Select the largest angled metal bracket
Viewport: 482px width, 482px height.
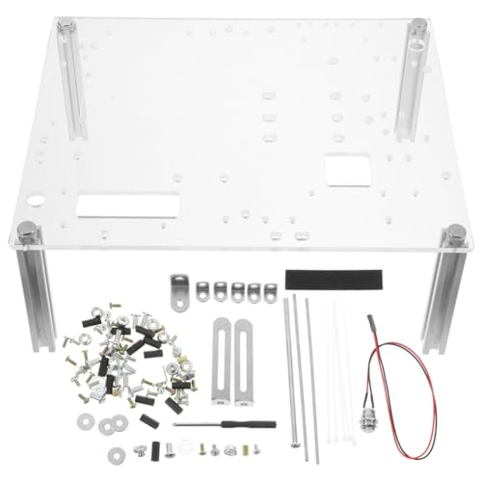pos(179,290)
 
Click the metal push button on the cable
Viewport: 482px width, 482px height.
pos(369,450)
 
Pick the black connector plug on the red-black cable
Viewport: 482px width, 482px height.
pos(368,324)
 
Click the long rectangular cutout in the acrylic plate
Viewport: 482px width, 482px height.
pos(127,204)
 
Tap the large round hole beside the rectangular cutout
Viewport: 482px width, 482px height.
pos(37,202)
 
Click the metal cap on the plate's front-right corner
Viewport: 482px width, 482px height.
pos(455,232)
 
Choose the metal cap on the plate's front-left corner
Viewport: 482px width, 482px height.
pos(26,229)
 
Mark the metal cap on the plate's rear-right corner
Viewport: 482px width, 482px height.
pos(419,24)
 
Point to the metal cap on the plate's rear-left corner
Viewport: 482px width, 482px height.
pos(66,24)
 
